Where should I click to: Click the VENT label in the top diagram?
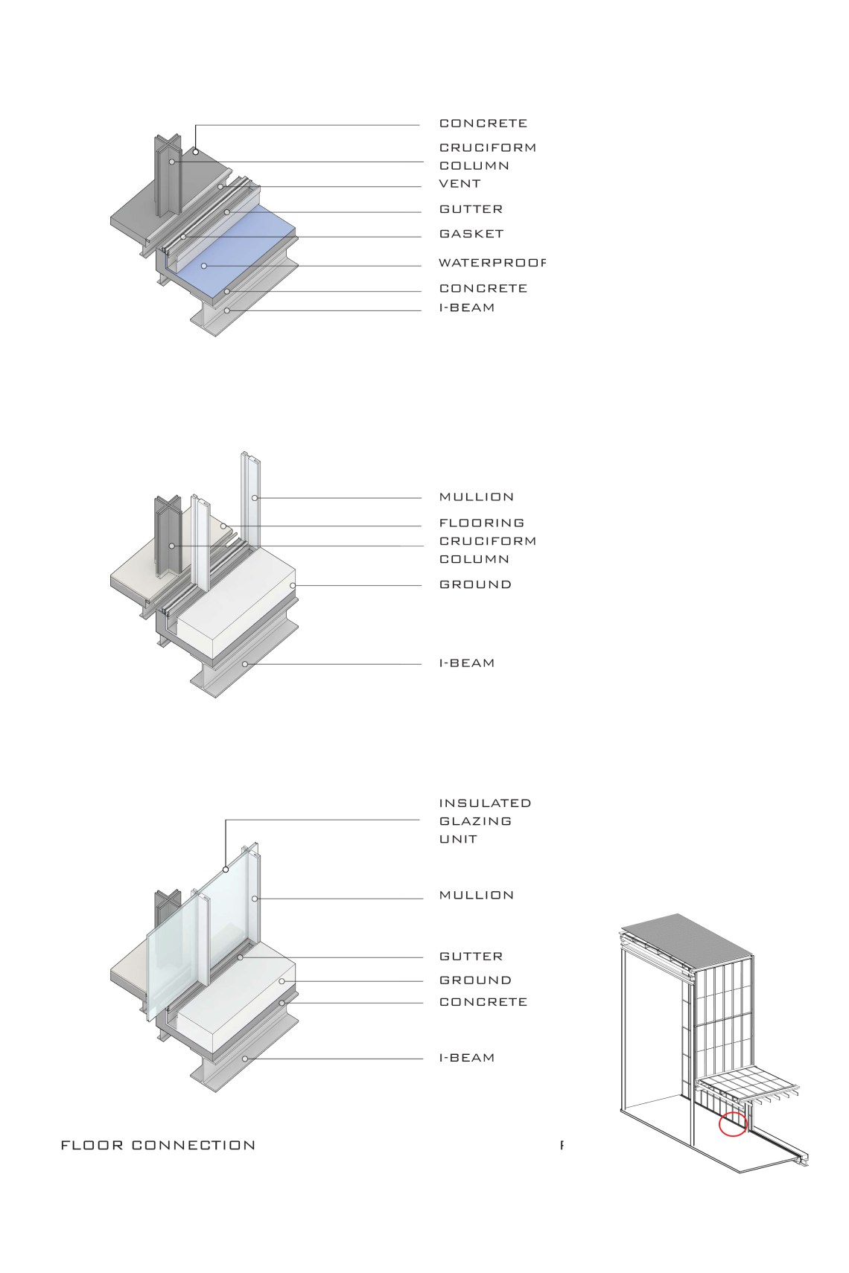pos(460,183)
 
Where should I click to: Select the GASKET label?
pos(471,234)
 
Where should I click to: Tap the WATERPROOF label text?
pos(492,263)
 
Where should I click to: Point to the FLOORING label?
pos(481,523)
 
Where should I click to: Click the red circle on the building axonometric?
pos(732,1124)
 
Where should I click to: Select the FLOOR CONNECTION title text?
pos(158,1145)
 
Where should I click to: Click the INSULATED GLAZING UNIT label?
pos(485,821)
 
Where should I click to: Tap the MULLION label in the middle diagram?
pos(477,497)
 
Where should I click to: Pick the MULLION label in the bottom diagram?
pos(477,895)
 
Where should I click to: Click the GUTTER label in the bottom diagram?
pos(471,956)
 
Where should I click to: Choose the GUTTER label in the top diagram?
pos(471,209)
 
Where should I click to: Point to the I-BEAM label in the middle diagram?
pos(466,663)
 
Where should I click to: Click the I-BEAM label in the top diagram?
pos(466,307)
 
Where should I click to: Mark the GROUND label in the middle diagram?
pos(475,584)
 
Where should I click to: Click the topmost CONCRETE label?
pos(483,123)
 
